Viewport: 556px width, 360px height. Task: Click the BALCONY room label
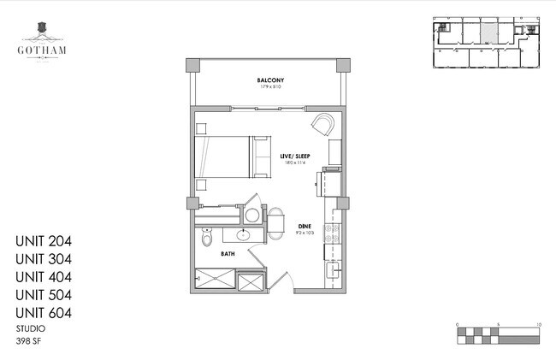[x=270, y=80]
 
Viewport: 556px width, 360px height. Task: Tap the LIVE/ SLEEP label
[x=294, y=156]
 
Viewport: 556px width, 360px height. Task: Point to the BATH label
[x=228, y=254]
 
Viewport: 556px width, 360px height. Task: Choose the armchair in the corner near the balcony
[x=324, y=126]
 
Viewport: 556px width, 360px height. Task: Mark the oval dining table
[x=277, y=224]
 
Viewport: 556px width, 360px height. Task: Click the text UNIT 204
[x=43, y=241]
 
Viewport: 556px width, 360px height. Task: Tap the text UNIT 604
[x=43, y=313]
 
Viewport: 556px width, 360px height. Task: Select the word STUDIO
[x=31, y=328]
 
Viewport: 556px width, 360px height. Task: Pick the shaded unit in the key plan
[x=487, y=32]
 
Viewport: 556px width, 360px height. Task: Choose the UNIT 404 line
[x=43, y=277]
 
